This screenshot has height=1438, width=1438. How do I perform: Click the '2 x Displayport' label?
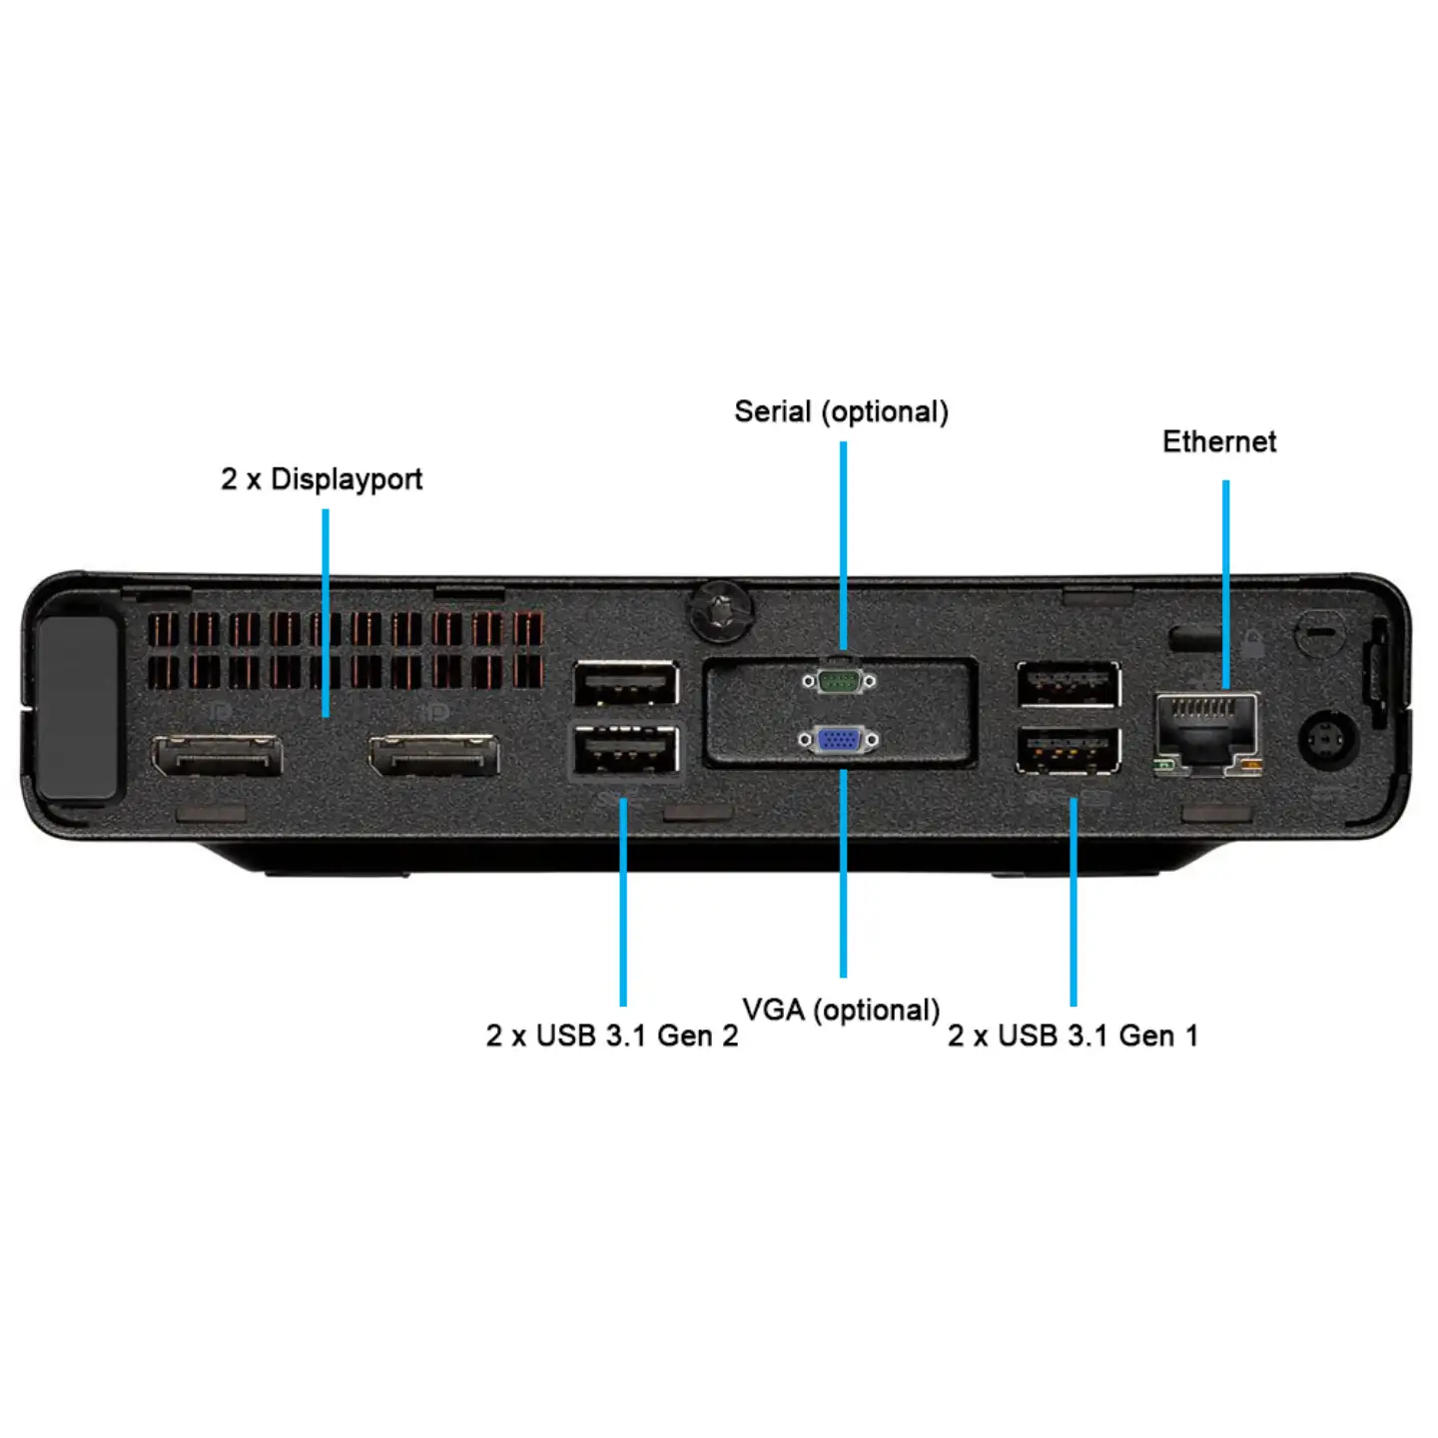(x=321, y=479)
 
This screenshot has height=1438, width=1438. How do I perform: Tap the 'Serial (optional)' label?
(x=841, y=411)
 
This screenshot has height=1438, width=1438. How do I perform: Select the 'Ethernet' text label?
(x=1218, y=441)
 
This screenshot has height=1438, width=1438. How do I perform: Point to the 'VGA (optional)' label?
(x=841, y=1010)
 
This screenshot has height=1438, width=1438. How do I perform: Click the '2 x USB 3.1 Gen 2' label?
(x=611, y=1036)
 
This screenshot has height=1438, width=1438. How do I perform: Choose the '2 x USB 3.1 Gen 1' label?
(x=1073, y=1036)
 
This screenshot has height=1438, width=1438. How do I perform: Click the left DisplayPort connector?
(x=217, y=756)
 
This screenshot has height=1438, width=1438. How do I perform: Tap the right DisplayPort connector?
(x=433, y=756)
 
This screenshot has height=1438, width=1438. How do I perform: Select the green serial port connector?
(x=839, y=681)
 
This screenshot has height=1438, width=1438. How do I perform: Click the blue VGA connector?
(x=839, y=740)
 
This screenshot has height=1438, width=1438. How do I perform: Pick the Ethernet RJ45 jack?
(x=1206, y=735)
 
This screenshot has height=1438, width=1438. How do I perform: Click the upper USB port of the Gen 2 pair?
(x=626, y=684)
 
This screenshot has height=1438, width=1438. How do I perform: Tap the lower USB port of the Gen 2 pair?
(x=626, y=750)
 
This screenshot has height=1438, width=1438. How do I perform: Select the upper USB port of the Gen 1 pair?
(x=1068, y=684)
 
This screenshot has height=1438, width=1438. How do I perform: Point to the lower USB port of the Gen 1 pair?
(x=1068, y=750)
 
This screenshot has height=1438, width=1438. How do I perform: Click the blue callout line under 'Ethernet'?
(x=1225, y=584)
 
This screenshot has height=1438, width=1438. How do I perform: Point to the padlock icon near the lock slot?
(x=1253, y=643)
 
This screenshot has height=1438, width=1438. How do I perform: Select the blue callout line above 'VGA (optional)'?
(x=843, y=873)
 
